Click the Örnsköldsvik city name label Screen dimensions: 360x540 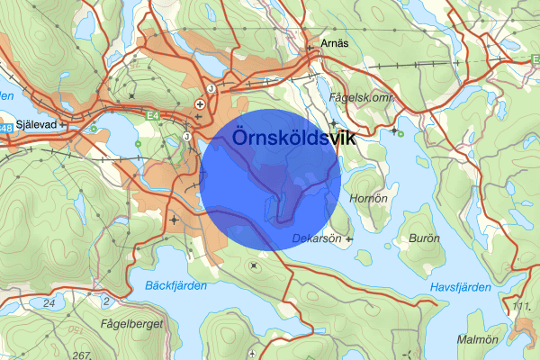[x=293, y=138]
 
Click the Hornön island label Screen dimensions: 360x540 [x=369, y=199]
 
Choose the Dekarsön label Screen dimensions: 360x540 [x=318, y=238]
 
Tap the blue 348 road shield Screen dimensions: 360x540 [x=6, y=129]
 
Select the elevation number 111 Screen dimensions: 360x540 [x=520, y=309]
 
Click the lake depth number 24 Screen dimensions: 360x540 [x=49, y=304]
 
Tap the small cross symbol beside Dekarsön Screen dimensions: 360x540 [x=349, y=238]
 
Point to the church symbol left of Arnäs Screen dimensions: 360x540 [x=312, y=42]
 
